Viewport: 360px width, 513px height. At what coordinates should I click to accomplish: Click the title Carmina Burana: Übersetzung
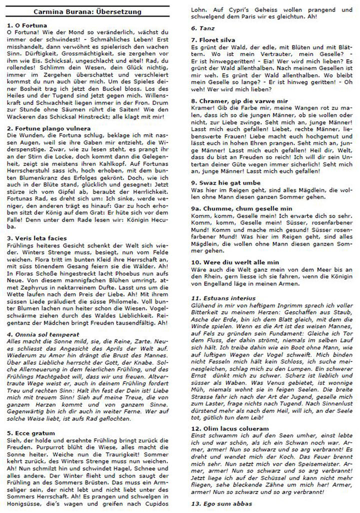91,11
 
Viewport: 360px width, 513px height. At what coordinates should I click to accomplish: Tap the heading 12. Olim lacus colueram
233,429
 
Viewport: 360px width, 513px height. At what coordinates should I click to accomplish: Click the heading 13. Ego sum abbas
222,503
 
